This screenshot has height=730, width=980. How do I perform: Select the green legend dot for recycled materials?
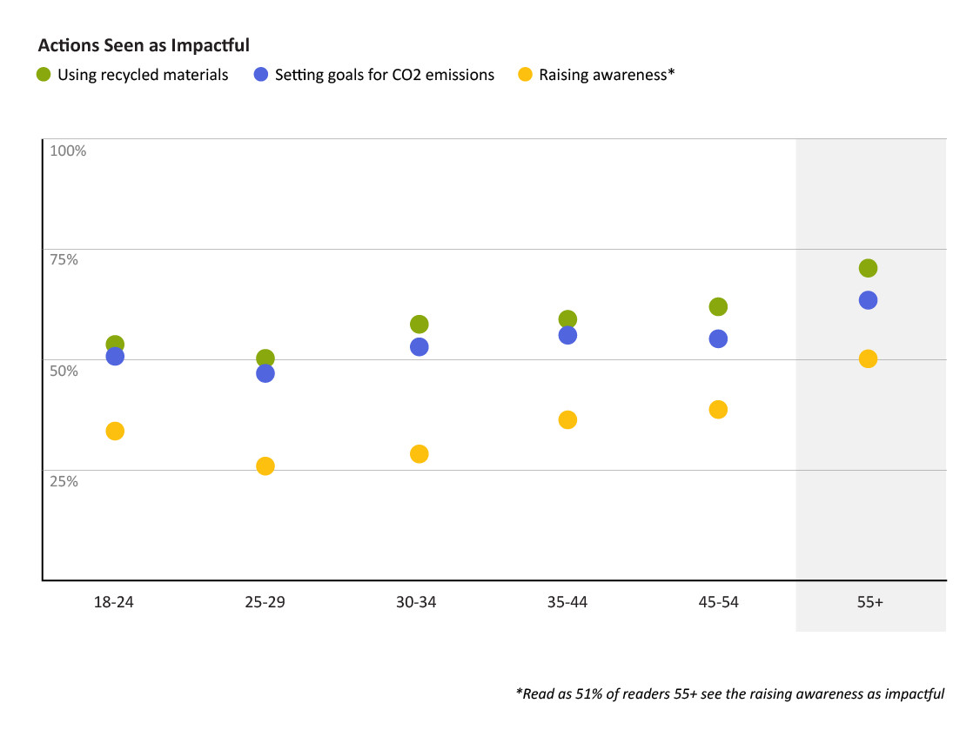44,75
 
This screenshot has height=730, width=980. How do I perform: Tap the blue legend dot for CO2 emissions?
261,75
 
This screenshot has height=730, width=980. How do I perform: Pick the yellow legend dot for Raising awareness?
525,75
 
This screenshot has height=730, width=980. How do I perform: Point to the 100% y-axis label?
68,151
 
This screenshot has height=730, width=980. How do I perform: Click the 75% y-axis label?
64,259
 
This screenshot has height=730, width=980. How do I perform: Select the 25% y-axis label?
64,480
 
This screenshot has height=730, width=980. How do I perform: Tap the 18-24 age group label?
114,602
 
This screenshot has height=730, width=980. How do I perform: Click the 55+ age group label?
868,602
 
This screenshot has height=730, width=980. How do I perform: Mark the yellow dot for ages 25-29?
265,466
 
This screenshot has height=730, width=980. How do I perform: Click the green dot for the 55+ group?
868,268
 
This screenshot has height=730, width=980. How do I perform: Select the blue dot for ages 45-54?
718,339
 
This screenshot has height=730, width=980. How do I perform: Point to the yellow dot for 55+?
868,358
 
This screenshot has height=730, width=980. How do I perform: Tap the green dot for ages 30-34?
419,325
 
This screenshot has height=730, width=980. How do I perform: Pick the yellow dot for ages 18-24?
115,431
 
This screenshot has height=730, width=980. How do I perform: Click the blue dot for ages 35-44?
567,335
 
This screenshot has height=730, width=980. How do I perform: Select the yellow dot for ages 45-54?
718,410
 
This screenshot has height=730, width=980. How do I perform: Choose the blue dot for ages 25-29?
265,373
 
